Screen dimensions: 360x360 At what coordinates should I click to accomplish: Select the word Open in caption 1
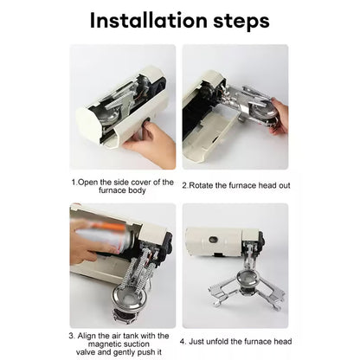[x=89, y=184]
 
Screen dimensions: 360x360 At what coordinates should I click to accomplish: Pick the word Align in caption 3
[x=91, y=334]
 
